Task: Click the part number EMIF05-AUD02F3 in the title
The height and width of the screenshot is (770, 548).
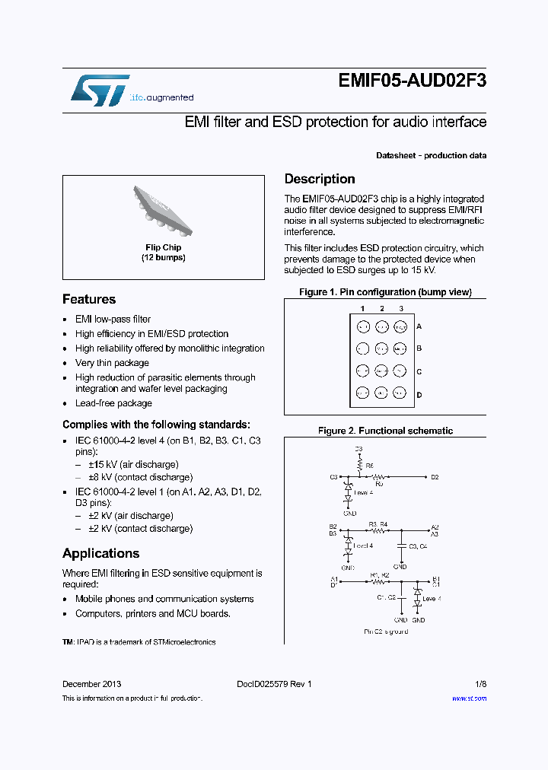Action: click(412, 84)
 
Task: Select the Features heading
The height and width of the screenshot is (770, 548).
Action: click(89, 299)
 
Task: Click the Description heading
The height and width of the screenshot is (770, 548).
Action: click(320, 179)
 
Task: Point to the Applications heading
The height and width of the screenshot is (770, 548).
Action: click(100, 553)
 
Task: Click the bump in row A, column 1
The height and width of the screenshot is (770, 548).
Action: click(363, 326)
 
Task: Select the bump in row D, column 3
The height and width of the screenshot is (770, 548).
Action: click(400, 393)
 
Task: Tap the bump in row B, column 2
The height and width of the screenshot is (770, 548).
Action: click(381, 348)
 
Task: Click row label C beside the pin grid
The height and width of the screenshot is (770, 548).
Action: click(419, 372)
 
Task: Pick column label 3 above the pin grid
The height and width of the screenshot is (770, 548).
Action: click(401, 309)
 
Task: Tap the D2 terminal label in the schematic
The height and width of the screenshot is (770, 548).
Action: click(435, 477)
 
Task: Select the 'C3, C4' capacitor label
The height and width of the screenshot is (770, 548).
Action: click(418, 546)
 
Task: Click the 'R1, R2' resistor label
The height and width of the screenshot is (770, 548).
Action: click(379, 575)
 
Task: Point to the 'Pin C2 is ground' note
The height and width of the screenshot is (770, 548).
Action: click(386, 632)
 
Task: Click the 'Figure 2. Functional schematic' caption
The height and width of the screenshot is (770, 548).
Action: click(385, 431)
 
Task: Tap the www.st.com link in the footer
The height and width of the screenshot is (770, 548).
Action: click(469, 698)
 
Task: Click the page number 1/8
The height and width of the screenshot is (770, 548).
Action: click(481, 684)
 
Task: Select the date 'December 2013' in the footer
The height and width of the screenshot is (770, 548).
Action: click(91, 684)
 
